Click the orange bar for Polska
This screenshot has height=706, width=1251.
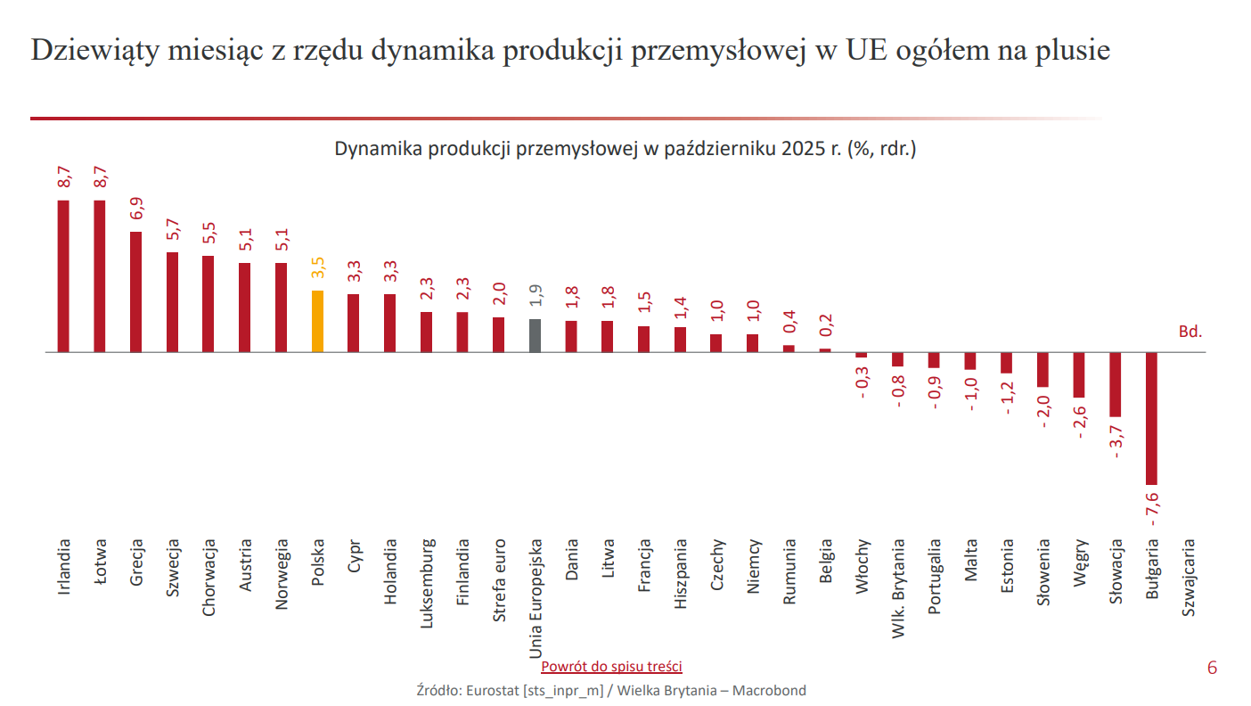point(317,321)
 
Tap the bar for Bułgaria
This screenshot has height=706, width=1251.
point(1151,418)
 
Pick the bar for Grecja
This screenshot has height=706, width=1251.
point(135,291)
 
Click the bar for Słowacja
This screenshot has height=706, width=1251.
point(1115,384)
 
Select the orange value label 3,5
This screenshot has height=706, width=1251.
point(318,268)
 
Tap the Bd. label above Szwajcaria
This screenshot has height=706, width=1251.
point(1190,332)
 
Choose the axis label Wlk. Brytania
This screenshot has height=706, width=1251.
point(898,588)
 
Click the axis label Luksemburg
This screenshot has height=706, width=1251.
point(426,583)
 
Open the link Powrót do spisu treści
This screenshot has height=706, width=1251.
point(611,667)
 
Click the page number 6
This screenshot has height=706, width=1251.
point(1211,669)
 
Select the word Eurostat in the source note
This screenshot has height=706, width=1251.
point(491,690)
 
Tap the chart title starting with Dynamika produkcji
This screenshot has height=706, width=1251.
point(625,148)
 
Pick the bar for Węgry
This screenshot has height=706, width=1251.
point(1078,374)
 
